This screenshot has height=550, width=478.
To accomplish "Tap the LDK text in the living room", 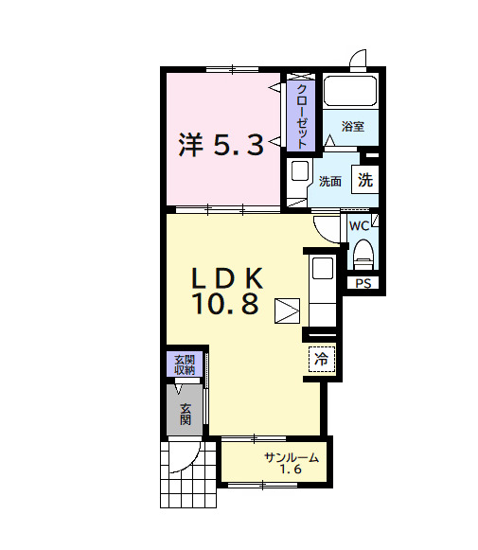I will coord(226,278).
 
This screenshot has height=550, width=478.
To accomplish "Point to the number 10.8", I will coord(226,304).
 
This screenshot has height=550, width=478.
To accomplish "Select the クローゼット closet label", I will coord(301,115).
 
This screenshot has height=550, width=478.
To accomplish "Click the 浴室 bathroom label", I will coord(353,126).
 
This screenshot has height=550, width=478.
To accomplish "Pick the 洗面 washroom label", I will coord(329,181).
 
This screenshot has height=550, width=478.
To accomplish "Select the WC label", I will coord(359,225).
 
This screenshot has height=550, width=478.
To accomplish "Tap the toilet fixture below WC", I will coord(363,254).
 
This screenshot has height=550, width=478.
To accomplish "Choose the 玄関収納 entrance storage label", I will coord(184,364).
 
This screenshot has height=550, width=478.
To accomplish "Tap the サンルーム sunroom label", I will coord(291,458).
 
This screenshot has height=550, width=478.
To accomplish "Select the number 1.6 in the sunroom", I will coord(291,470).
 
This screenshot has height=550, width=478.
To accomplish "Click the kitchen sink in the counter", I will coord(322,269).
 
